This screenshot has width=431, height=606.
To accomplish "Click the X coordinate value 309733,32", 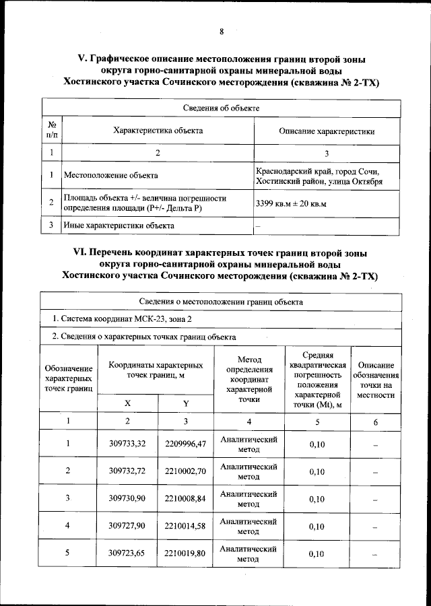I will [x=127, y=444].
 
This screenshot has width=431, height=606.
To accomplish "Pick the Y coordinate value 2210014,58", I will [x=186, y=525].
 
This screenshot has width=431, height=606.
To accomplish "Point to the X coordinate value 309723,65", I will [x=127, y=553].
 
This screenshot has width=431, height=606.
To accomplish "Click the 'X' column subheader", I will [x=127, y=403].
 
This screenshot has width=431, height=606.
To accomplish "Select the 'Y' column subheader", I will [x=186, y=403].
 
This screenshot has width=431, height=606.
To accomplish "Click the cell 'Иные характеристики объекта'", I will [x=114, y=226].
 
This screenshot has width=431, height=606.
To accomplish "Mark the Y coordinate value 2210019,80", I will [x=186, y=553].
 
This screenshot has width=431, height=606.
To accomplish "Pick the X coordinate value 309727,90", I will [x=127, y=525].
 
